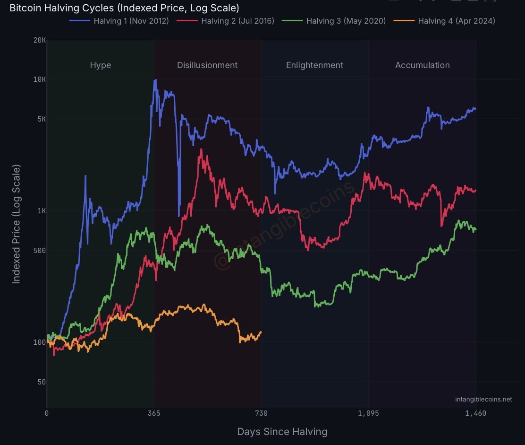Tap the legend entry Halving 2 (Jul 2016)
237,21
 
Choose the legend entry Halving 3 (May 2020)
346,21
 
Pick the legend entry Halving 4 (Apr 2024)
456,21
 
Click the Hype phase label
101,65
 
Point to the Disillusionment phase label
207,65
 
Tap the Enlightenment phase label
314,65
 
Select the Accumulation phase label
422,65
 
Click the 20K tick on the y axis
40,40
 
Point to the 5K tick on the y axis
41,119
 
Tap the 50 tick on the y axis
41,382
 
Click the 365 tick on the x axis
154,413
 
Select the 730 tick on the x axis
261,413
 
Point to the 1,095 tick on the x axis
368,413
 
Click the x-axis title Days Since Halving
282,431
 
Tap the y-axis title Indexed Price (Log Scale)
17,224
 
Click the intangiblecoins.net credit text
483,399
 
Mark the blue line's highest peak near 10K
155,80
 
